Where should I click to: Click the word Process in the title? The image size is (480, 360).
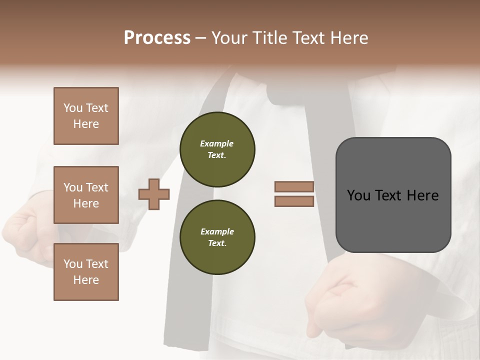157,38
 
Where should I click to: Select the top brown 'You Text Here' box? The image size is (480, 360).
86,116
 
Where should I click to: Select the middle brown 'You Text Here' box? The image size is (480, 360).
86,195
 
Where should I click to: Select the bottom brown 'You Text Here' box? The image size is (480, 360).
86,272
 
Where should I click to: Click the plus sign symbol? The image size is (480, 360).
154,194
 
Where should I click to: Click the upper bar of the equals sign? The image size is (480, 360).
294,186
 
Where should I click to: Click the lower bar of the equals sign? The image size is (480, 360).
294,201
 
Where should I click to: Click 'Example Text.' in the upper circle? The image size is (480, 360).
217,149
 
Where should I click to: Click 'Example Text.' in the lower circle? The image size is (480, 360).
217,237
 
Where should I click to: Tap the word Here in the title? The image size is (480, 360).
349,38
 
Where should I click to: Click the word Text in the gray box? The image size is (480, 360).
392,195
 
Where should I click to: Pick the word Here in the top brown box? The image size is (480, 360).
86,124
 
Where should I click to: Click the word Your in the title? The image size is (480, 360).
230,38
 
